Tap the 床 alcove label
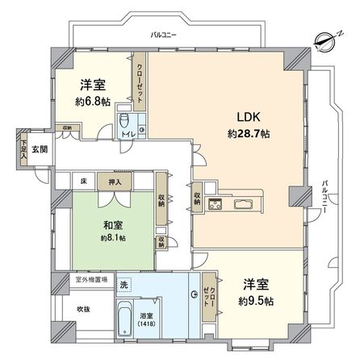coord(84,181)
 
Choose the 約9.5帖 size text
coord(257,301)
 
